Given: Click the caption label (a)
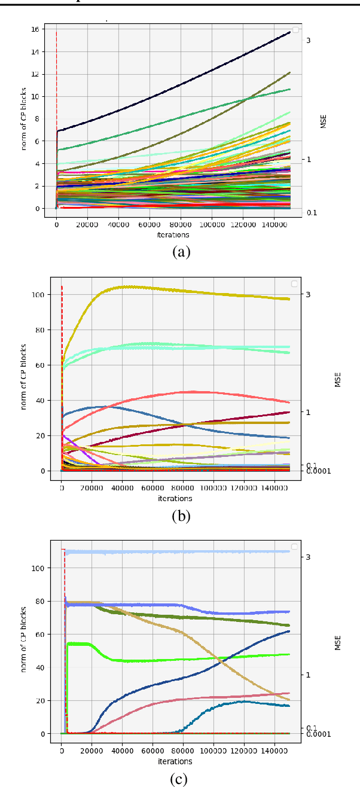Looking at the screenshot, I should (x=181, y=252).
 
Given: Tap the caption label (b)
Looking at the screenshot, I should (x=181, y=515).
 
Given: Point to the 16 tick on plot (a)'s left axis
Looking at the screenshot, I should (x=35, y=29).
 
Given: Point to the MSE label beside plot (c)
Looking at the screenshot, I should (x=338, y=642).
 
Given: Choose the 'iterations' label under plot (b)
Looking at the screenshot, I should (x=175, y=498).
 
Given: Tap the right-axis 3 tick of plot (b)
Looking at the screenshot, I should (x=308, y=294).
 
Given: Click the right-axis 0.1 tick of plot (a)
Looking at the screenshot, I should (x=312, y=213).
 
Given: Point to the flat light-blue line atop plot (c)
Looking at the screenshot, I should (x=179, y=551).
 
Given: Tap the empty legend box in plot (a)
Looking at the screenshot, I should (x=295, y=30).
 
